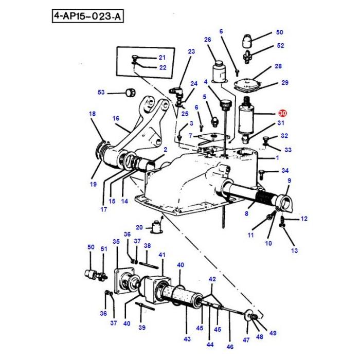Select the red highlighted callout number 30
coord(282,114)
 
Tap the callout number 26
coord(208,40)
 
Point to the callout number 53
coord(101,93)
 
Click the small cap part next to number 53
coord(130,93)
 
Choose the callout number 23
coord(192,51)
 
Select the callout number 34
coord(284,171)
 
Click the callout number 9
coord(290,181)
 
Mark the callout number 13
coord(294,250)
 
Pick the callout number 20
coord(139,227)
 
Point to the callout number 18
coord(92,114)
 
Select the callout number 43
coord(187,339)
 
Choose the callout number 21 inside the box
coord(161,58)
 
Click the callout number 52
coord(280,45)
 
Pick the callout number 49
coord(273,333)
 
